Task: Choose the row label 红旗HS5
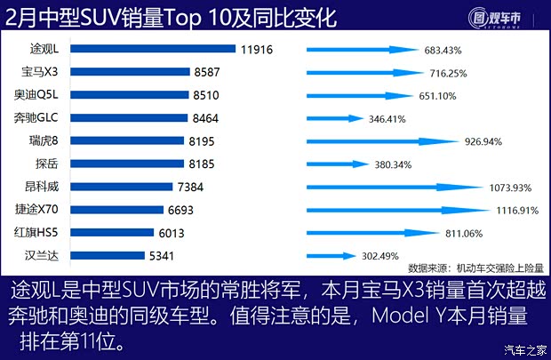tap(36, 233)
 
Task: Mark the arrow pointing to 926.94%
tap(382, 141)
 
